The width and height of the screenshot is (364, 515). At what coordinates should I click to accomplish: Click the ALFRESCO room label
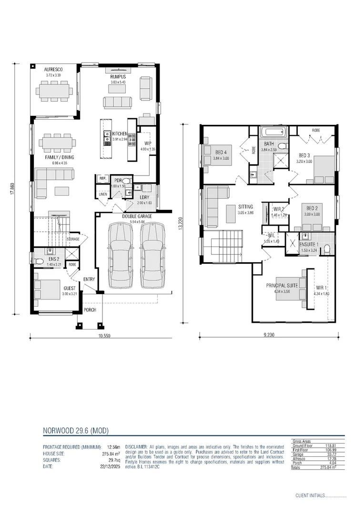point(54,69)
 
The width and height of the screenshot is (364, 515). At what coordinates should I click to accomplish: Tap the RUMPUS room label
point(118,76)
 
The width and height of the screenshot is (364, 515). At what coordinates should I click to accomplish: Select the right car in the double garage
point(152,255)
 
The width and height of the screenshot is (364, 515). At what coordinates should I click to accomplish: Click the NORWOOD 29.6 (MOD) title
point(76,431)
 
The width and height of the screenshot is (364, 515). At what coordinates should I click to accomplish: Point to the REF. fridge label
point(102,179)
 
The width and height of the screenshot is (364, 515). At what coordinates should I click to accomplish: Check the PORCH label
point(90,310)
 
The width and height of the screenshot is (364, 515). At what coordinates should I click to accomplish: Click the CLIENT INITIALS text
point(310,495)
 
